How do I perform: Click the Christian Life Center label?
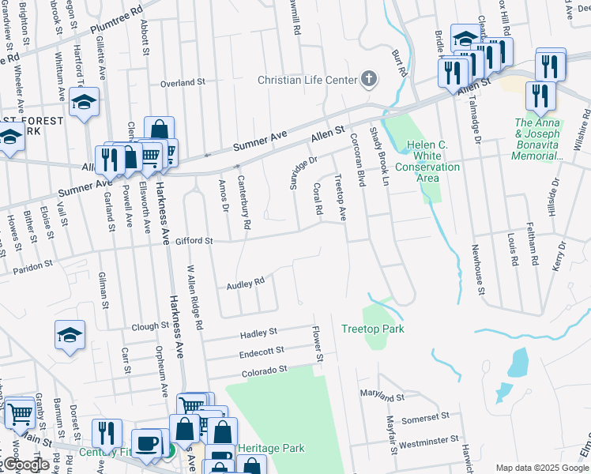click(x=307, y=79)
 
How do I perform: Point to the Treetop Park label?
click(x=373, y=329)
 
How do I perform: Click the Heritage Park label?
click(x=271, y=448)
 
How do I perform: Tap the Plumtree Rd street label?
click(x=116, y=21)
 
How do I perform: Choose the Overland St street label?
click(x=183, y=82)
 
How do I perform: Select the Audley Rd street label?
click(x=245, y=283)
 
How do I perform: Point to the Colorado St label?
click(x=264, y=371)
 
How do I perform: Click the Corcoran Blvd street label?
click(x=357, y=160)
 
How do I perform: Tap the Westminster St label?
click(x=430, y=439)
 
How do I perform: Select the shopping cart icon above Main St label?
click(x=21, y=413)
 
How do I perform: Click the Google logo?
click(x=26, y=465)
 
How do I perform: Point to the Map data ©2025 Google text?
click(x=542, y=468)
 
